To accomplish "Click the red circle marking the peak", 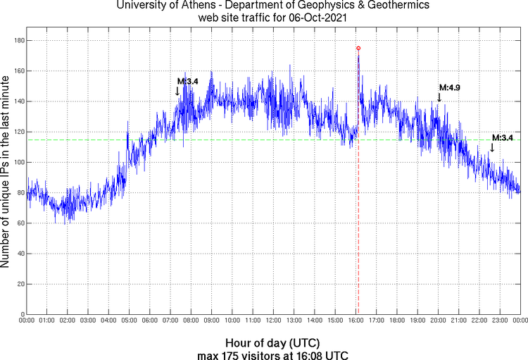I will pos(358,48).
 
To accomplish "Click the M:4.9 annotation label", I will pos(449,87).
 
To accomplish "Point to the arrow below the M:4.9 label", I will pos(439,97).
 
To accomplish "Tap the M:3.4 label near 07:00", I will pos(187,81).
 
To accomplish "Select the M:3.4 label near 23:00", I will pos(502,137).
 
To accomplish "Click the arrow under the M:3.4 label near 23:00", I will pos(492,147).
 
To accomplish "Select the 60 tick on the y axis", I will pos(20,223).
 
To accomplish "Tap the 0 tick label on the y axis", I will pos(22,314).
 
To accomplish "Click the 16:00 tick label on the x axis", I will pos(356,321).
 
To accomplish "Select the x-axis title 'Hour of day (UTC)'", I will pos(272,343).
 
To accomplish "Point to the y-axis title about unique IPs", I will pos(6,173).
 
